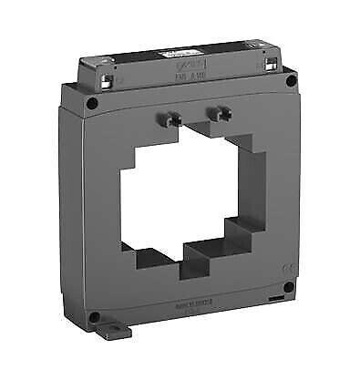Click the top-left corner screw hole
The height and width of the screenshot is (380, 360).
click(x=93, y=103)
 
